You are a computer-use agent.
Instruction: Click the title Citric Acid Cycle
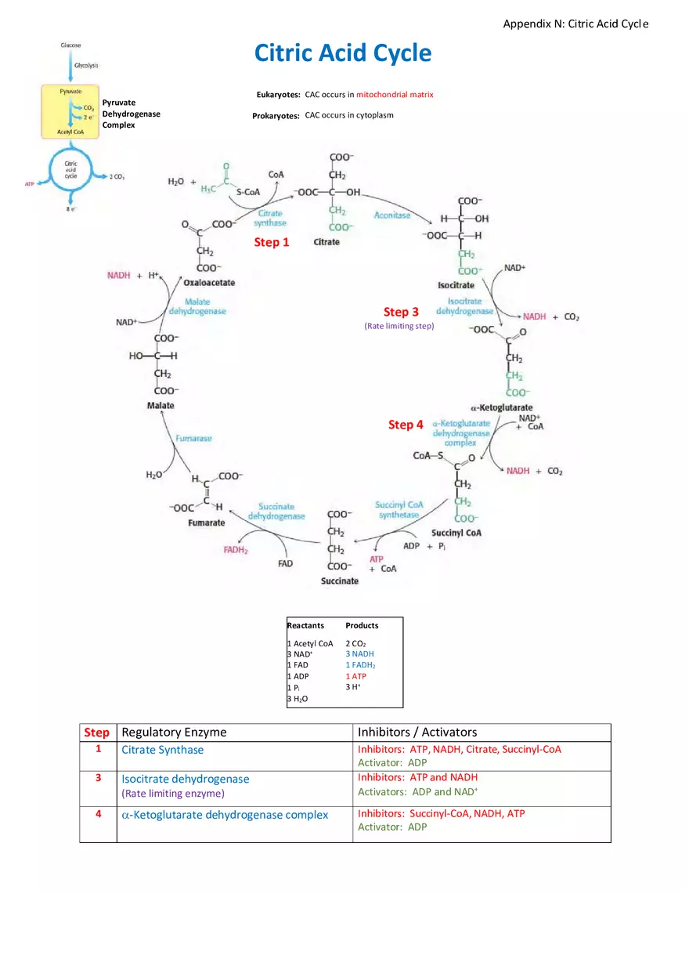pos(342,53)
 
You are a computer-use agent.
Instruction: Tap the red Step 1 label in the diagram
pos(272,242)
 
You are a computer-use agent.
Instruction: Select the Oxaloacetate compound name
pos(209,282)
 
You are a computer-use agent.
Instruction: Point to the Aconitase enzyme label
pos(392,215)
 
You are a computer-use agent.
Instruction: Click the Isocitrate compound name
pos(456,285)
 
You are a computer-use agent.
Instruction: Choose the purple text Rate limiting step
pos(399,326)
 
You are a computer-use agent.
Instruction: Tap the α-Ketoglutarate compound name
pos(501,407)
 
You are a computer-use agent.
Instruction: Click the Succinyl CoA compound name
pos(456,533)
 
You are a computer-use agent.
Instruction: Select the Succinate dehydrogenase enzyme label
pos(276,512)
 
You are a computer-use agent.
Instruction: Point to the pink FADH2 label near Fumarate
pos(236,550)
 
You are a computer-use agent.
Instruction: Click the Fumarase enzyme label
pos(193,439)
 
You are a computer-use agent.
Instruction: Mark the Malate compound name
pos(161,405)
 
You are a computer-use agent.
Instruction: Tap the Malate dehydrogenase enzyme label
pos(197,306)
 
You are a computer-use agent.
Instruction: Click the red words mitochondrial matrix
pos(395,95)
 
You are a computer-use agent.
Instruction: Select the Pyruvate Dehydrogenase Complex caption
pos(131,114)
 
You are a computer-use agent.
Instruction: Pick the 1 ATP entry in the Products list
pos(355,676)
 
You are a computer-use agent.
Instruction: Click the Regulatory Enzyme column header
pos(174,732)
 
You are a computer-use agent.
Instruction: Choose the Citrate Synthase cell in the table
pos(162,750)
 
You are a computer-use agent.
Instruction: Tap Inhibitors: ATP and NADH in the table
pos(417,777)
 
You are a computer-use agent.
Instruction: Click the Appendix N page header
pos(575,24)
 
